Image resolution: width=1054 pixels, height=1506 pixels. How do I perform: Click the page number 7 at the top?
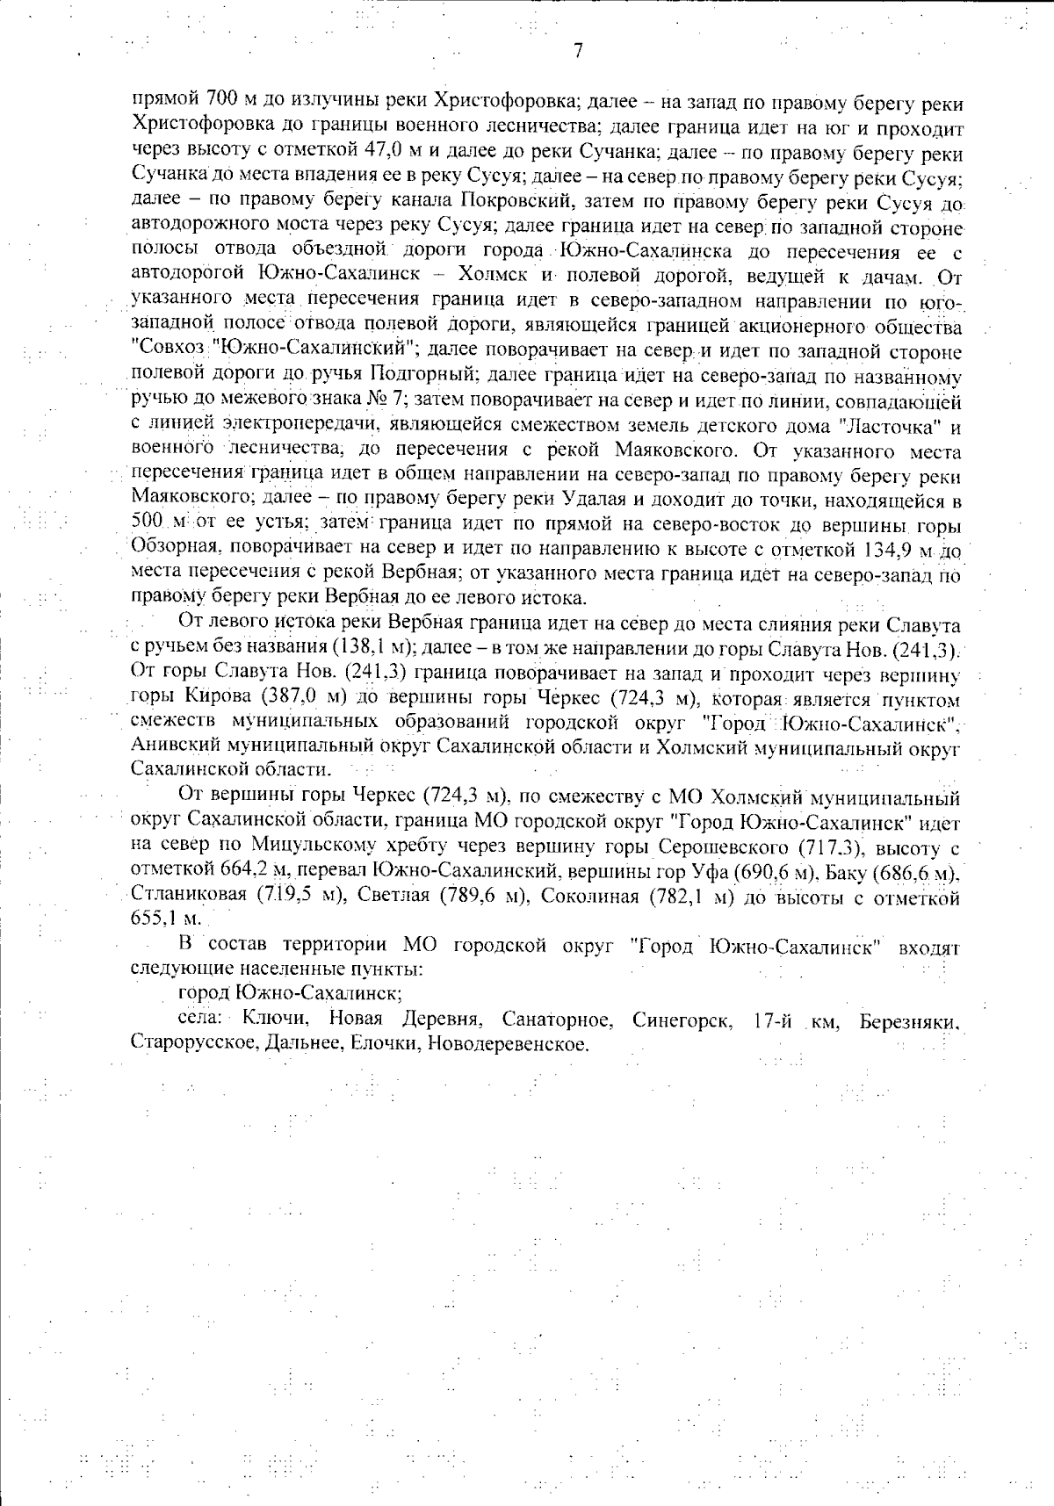[x=577, y=51]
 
